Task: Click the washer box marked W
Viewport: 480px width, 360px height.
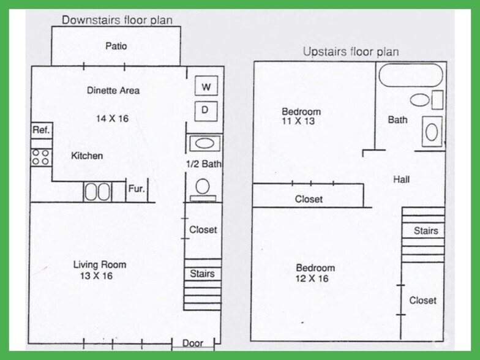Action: point(206,86)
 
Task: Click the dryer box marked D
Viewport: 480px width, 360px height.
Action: point(206,111)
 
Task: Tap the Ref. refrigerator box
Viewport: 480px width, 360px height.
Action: point(42,131)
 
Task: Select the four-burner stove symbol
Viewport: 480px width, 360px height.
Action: point(41,157)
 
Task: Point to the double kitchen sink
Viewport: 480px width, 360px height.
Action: point(97,192)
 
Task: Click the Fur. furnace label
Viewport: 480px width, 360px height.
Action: point(136,189)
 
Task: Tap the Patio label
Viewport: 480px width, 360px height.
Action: point(116,46)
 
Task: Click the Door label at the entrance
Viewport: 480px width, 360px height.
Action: point(192,343)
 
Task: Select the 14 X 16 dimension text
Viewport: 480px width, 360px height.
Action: point(113,119)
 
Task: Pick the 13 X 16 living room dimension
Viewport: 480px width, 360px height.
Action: point(97,276)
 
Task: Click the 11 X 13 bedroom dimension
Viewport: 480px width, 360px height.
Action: point(298,121)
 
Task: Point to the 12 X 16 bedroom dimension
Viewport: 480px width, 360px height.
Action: point(312,279)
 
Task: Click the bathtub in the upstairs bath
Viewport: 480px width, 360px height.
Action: point(411,75)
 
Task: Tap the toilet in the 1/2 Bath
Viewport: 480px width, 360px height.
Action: point(203,190)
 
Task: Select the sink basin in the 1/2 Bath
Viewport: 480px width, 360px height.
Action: point(204,143)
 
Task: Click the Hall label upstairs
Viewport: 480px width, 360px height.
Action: point(402,179)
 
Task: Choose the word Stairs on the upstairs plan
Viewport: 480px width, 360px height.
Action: point(426,230)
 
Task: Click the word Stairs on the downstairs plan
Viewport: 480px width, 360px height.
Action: point(202,273)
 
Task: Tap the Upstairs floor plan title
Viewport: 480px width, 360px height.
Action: point(351,51)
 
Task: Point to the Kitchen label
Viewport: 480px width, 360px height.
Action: point(87,156)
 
